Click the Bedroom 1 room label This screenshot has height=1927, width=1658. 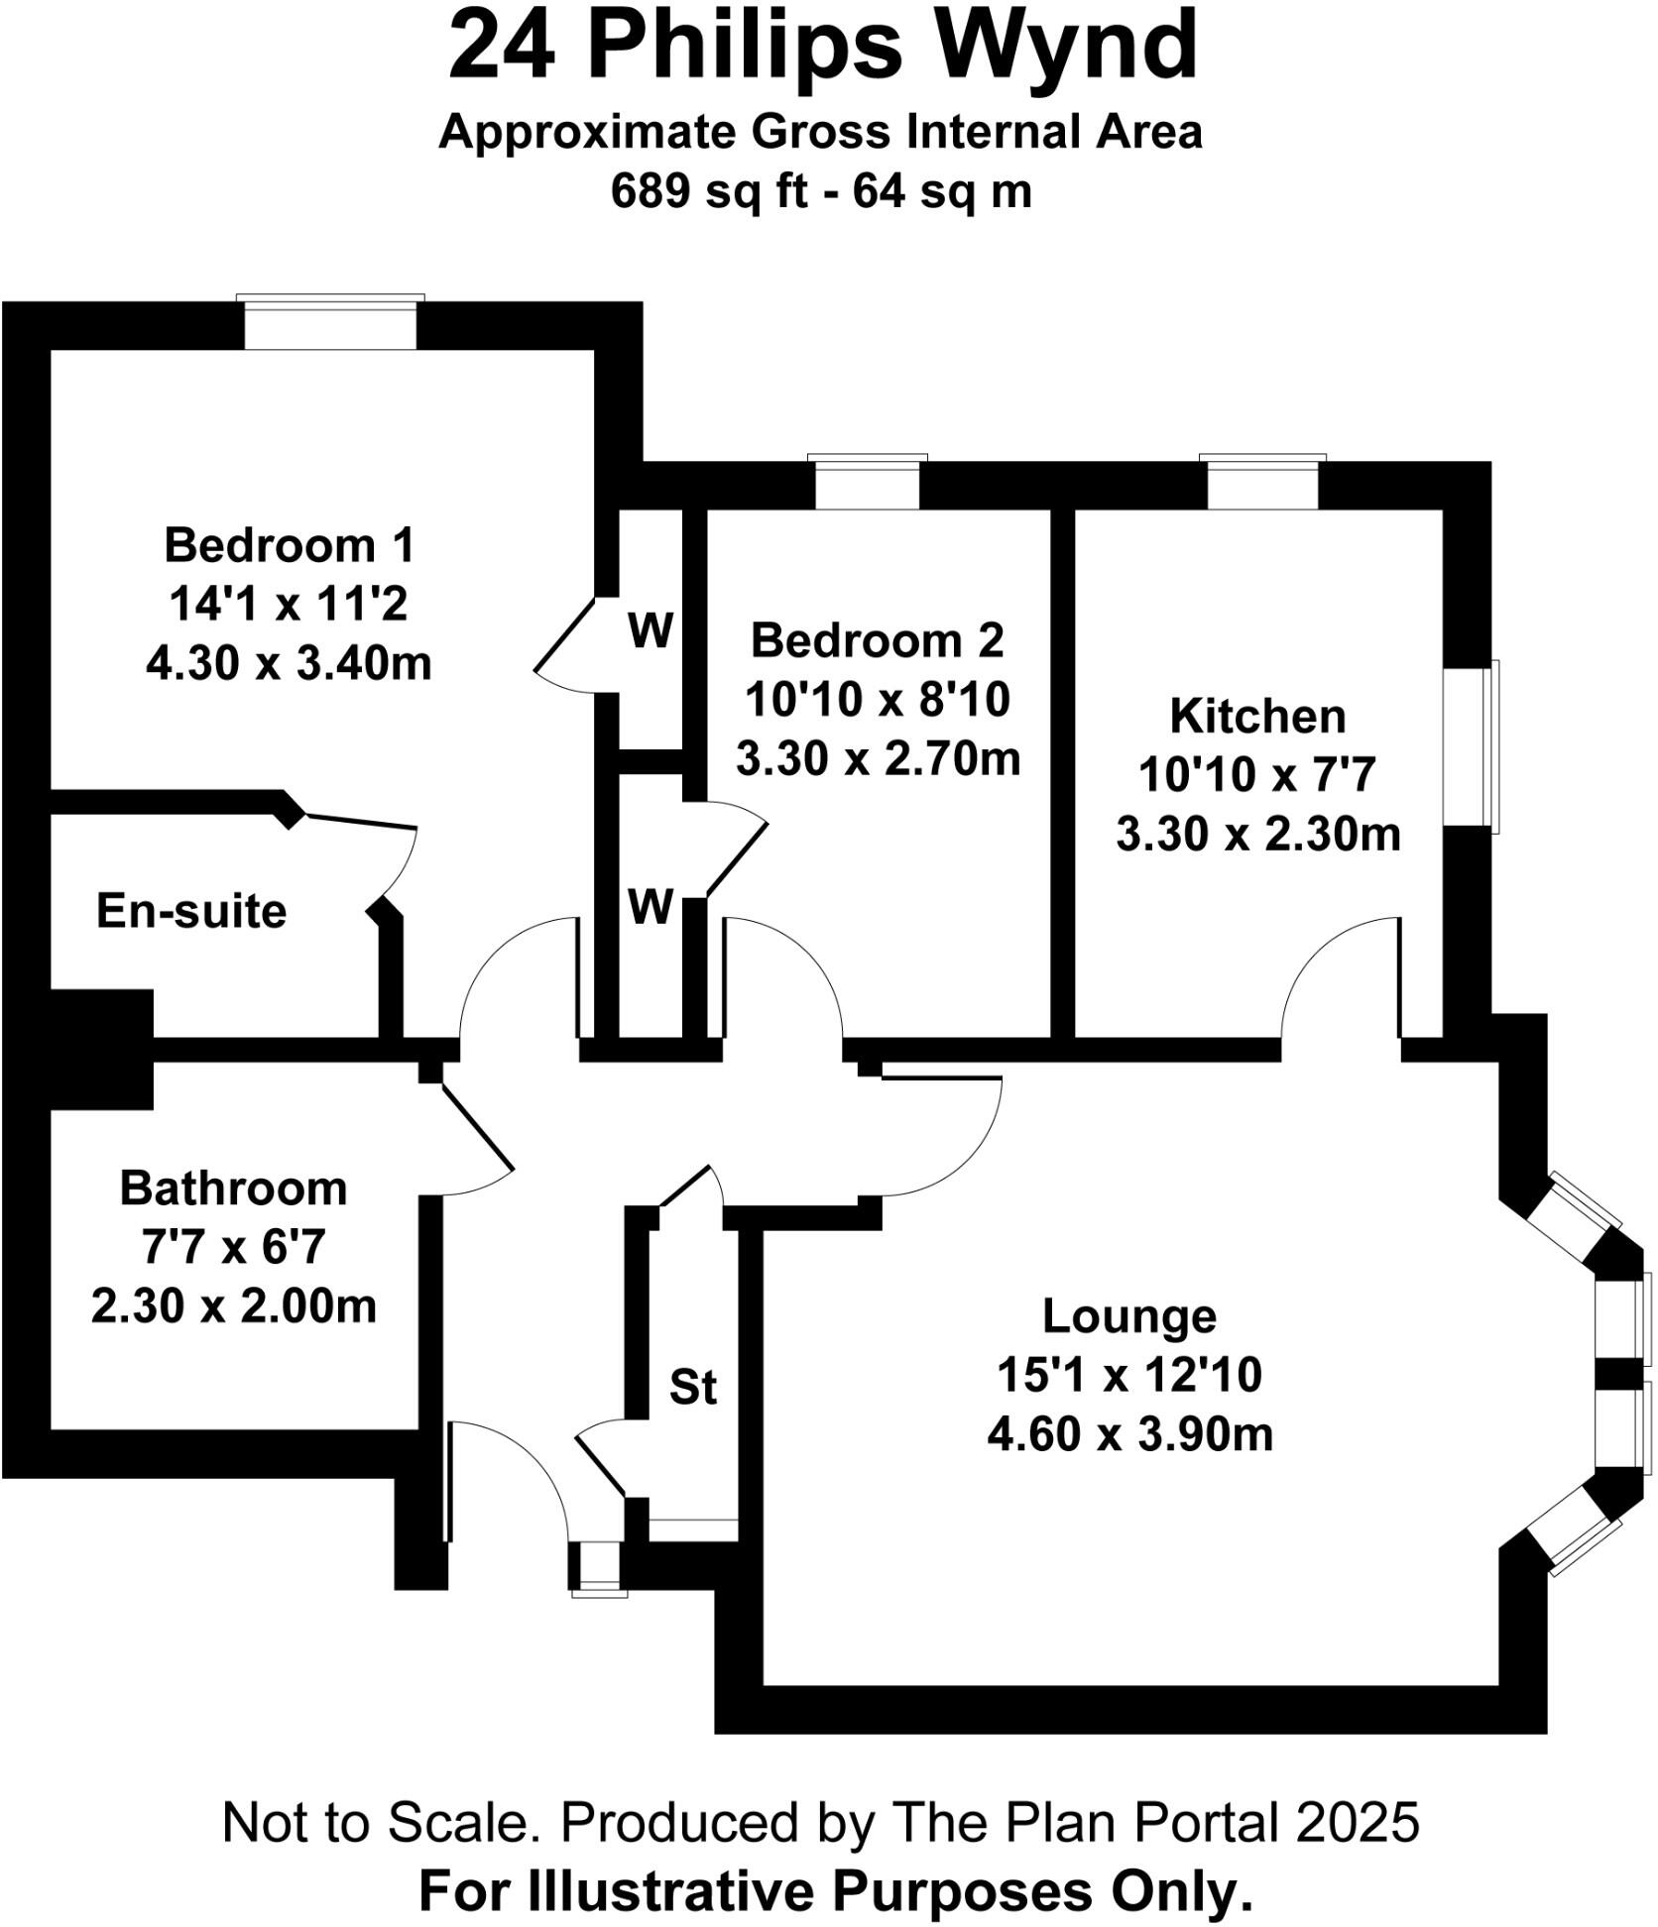289,545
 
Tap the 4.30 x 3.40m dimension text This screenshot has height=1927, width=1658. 289,662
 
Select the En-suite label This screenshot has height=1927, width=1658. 191,910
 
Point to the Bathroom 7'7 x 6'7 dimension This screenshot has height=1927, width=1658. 233,1246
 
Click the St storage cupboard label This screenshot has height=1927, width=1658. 692,1387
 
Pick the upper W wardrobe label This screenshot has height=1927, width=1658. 651,630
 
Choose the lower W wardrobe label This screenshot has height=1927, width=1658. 651,906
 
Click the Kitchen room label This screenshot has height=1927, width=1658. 1257,716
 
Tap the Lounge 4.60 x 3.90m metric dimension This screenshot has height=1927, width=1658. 1129,1433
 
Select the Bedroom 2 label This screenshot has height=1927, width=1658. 877,640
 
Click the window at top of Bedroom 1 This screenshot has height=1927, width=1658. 330,323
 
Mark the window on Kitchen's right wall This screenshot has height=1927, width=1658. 1471,746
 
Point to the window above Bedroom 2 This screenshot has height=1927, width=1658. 867,483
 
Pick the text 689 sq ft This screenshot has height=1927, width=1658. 709,191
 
